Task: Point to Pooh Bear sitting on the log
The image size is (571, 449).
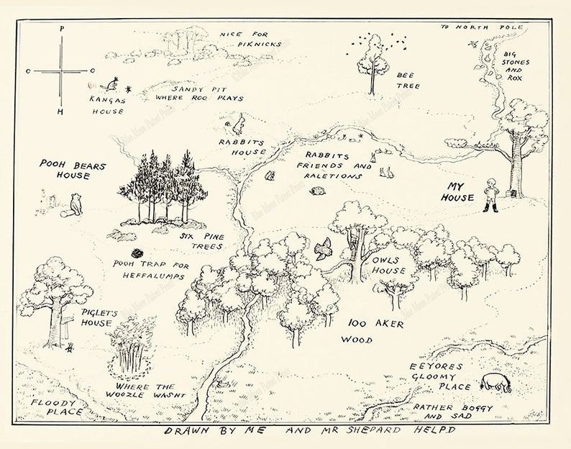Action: point(75,204)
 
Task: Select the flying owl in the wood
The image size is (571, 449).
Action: point(323,248)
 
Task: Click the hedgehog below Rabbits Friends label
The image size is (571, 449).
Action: point(319,191)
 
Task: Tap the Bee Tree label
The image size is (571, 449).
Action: point(403,78)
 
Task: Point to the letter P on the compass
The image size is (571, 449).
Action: point(62,29)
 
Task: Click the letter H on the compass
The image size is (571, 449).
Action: point(61,112)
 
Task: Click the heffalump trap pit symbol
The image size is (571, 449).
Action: point(136,253)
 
